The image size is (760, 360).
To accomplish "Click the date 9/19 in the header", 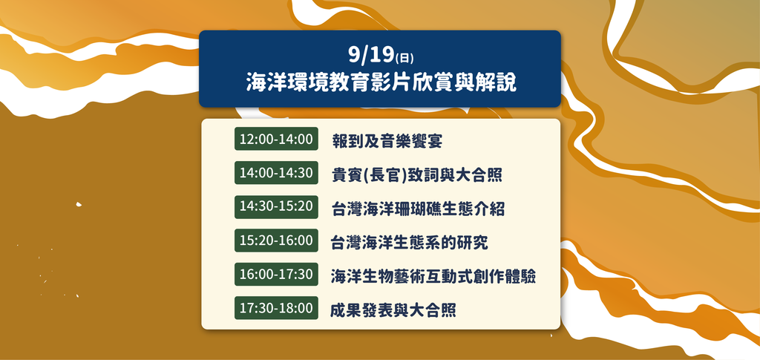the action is (x=371, y=56).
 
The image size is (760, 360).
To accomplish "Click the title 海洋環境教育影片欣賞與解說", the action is (x=381, y=83).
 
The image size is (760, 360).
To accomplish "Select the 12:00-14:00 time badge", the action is (x=276, y=139).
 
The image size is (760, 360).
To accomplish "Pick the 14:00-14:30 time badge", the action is (x=276, y=172).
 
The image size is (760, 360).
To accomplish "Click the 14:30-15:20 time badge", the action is (x=276, y=206).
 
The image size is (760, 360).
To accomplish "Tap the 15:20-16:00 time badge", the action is (x=276, y=240).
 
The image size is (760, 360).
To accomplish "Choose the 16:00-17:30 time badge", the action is (x=276, y=274).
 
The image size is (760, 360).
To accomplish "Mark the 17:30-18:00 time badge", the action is (x=276, y=308).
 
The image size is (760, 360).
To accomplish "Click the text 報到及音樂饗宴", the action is (x=387, y=142).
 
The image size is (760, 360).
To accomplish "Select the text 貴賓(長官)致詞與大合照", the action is (x=417, y=175).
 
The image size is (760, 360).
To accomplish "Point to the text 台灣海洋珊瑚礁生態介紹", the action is (x=419, y=209).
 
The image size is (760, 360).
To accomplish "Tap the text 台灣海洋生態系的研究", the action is (x=409, y=243).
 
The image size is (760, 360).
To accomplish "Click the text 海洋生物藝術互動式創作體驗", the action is (x=433, y=277).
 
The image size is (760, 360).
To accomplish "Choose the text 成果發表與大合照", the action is (x=393, y=310).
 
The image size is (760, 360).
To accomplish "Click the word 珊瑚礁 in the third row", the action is (x=418, y=209).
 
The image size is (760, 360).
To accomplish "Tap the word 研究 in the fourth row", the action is (x=472, y=243).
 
